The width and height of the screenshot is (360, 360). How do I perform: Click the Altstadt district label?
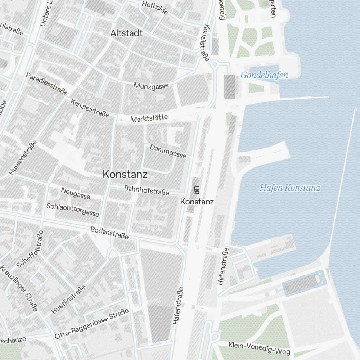coord(126,33)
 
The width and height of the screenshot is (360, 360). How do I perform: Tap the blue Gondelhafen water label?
coord(264,75)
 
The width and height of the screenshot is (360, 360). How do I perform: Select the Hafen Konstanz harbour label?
coord(289,188)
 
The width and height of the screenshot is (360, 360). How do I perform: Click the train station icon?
coord(197,189)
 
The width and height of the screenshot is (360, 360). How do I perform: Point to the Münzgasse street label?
coord(151,86)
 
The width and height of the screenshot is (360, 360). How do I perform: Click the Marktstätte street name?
coord(149,118)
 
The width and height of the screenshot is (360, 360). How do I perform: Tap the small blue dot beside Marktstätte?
coord(121,120)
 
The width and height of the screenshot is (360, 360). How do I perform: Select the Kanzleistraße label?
coord(90,108)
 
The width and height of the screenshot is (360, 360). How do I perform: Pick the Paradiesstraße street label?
coord(46,84)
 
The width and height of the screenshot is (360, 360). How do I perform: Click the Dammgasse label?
coord(168,152)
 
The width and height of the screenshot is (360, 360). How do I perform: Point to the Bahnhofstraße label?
coord(147,190)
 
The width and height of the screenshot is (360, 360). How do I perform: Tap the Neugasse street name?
coord(76,193)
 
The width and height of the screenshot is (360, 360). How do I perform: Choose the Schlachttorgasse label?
coord(73,210)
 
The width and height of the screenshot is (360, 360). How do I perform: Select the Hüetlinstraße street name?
coord(68,300)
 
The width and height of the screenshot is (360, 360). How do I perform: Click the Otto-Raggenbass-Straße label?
coord(91,324)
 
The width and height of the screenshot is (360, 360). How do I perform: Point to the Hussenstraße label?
coord(23,158)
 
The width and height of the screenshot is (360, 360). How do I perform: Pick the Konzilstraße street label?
coord(207,43)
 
